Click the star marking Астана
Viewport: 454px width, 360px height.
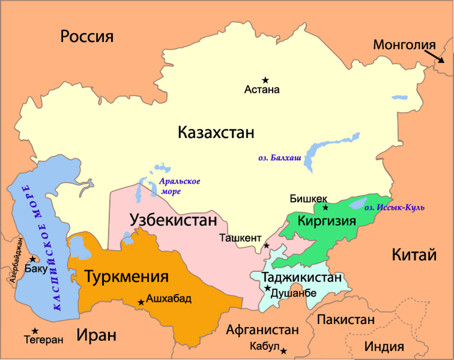pyautogui.click(x=265, y=80)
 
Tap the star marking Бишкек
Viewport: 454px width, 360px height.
pyautogui.click(x=325, y=207)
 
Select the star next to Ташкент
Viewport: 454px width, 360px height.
pyautogui.click(x=266, y=246)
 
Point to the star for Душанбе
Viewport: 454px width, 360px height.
pyautogui.click(x=267, y=288)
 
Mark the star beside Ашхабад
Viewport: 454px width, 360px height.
pyautogui.click(x=141, y=302)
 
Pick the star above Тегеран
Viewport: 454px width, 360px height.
pyautogui.click(x=35, y=331)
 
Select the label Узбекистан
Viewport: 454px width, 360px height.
pyautogui.click(x=173, y=220)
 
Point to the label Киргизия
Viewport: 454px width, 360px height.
pyautogui.click(x=326, y=221)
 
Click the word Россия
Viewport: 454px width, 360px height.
pyautogui.click(x=87, y=37)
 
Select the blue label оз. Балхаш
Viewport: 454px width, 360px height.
pyautogui.click(x=278, y=158)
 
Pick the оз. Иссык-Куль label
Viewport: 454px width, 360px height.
pyautogui.click(x=393, y=207)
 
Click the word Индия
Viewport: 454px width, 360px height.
pyautogui.click(x=384, y=346)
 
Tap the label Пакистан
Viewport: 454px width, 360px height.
pyautogui.click(x=346, y=319)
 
